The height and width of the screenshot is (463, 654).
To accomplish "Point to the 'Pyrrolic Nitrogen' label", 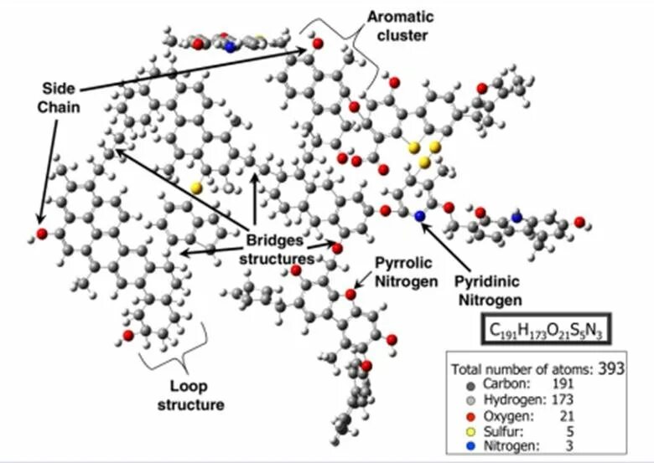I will pos(406,274).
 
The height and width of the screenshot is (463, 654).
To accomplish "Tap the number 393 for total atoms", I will pos(610,368).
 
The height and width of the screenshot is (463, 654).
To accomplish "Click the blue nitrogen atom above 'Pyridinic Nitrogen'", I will pos(420,216).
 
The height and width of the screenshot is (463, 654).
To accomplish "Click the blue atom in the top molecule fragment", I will pos(231,47).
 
